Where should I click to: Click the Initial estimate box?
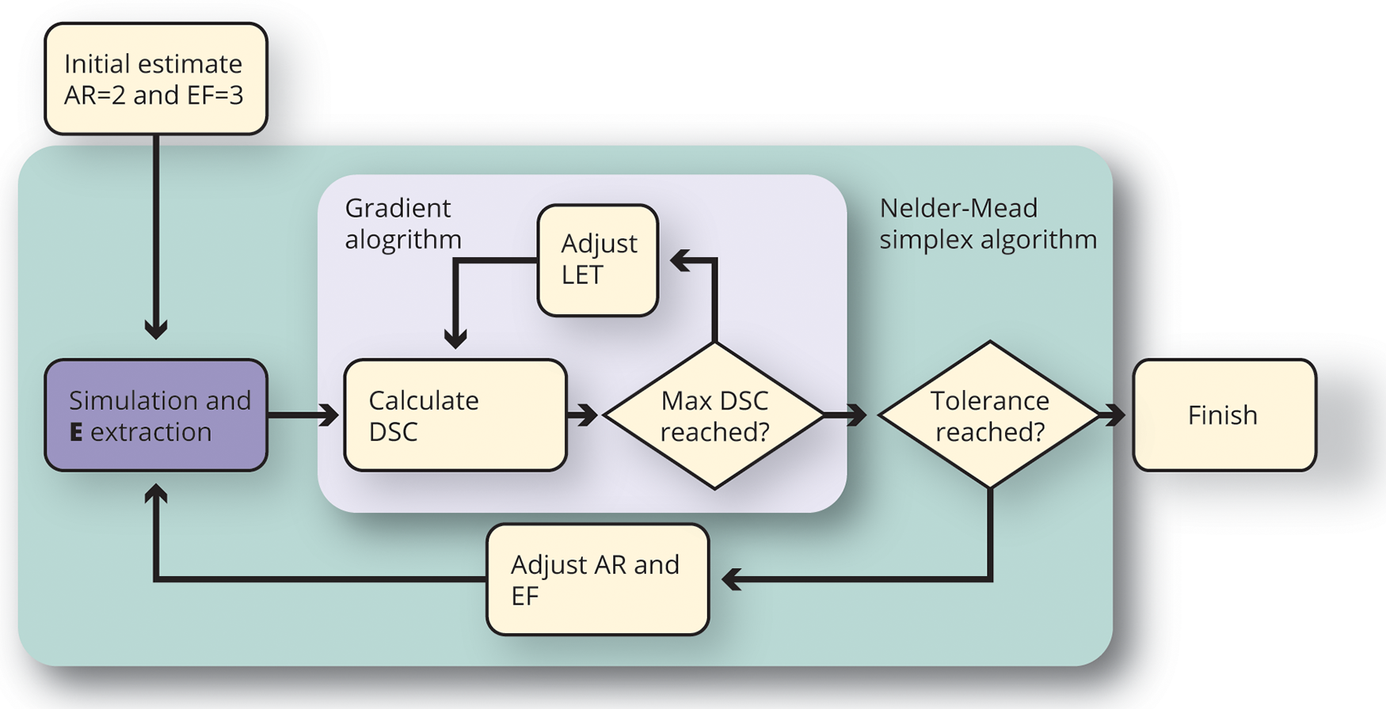pyautogui.click(x=155, y=78)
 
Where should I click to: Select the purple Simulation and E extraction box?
pyautogui.click(x=155, y=415)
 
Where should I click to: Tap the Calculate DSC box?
pyautogui.click(x=455, y=415)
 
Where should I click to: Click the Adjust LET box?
pyautogui.click(x=597, y=260)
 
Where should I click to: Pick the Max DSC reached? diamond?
pyautogui.click(x=714, y=415)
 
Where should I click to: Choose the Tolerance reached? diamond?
pyautogui.click(x=989, y=415)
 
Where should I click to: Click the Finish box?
pyautogui.click(x=1224, y=415)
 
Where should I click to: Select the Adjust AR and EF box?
pyautogui.click(x=597, y=579)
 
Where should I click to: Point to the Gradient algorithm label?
pyautogui.click(x=402, y=223)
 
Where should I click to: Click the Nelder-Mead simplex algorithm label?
pyautogui.click(x=988, y=223)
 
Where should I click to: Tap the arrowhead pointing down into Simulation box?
pyautogui.click(x=156, y=328)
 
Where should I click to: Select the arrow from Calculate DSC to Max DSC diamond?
pyautogui.click(x=584, y=415)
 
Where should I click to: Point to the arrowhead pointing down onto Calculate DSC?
pyautogui.click(x=455, y=339)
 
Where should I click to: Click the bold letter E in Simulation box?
pyautogui.click(x=76, y=432)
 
